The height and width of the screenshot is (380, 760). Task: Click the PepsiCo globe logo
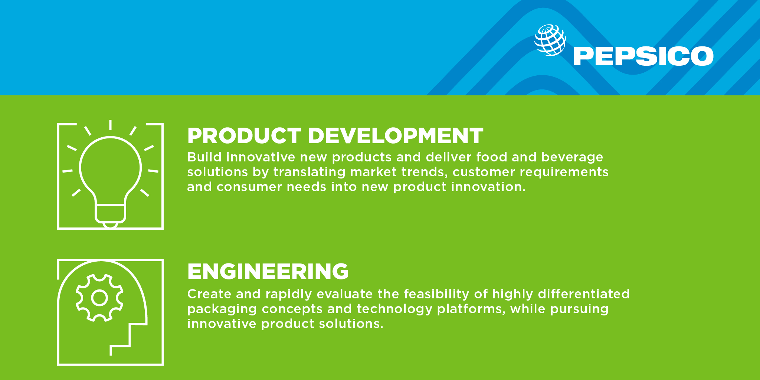coord(550,40)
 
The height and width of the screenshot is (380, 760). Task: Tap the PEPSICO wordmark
coord(643,56)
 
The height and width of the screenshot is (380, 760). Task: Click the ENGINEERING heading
coord(268,271)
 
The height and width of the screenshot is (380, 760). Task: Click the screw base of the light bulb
coord(111,215)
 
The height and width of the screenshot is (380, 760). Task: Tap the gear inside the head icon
coord(99,298)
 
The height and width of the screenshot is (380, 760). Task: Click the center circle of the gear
coord(99,298)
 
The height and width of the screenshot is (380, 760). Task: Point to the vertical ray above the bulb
coord(111,125)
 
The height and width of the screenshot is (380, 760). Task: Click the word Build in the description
coord(204,157)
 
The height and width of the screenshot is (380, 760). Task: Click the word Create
coord(210,294)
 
